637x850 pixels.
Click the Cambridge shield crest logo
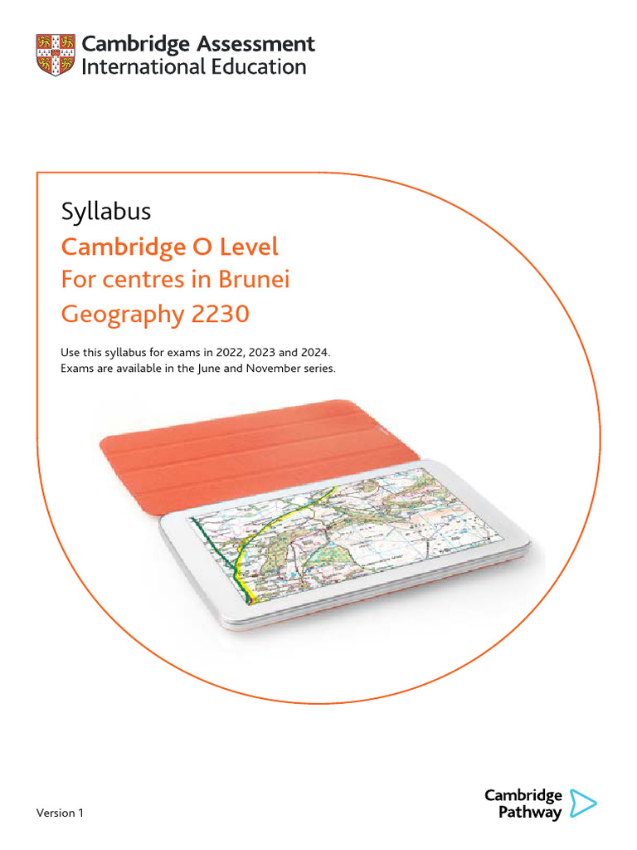point(56,55)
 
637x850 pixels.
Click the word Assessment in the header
point(256,44)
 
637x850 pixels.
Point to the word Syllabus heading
point(106,212)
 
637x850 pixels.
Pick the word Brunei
point(253,280)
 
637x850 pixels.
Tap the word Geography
point(122,315)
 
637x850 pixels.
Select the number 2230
point(219,315)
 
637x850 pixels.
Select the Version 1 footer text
point(60,813)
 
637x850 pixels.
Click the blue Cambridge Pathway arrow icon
point(584,803)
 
